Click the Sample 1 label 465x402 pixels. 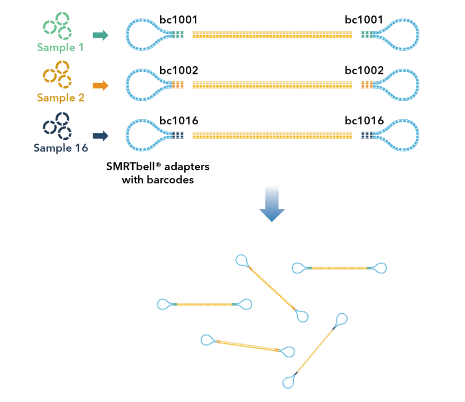point(60,46)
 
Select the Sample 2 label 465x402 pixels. point(60,97)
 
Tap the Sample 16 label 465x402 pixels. point(60,148)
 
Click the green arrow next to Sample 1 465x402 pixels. point(100,35)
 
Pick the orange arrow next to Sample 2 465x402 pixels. point(100,85)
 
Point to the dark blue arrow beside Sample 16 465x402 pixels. point(100,136)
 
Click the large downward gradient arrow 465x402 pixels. point(272,204)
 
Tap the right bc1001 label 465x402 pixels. point(364,20)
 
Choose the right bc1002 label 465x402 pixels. point(364,70)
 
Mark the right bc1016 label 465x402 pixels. point(364,121)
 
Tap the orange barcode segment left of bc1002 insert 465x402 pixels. point(178,85)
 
